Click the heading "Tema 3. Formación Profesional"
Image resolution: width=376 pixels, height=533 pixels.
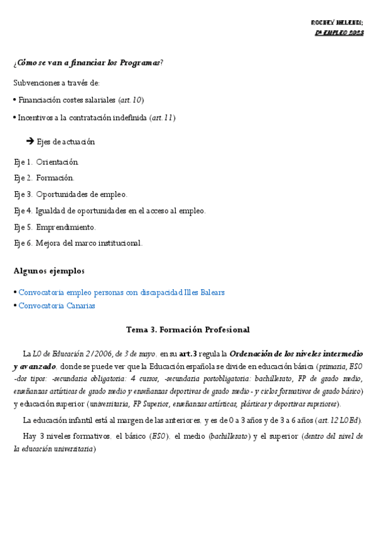point(188,329)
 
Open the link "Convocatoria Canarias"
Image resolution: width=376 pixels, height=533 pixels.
point(56,305)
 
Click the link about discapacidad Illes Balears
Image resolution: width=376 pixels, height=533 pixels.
point(121,292)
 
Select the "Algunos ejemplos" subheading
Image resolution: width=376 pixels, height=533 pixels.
point(49,271)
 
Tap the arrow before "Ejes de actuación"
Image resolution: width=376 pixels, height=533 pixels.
point(30,141)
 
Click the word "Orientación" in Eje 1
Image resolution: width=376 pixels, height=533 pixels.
point(57,162)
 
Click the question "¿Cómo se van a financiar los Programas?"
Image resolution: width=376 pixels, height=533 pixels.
point(88,62)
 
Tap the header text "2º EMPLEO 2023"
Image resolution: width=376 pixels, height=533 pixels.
point(339,33)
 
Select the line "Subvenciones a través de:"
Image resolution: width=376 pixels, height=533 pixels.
point(56,83)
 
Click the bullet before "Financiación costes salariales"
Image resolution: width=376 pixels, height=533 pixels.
point(14,100)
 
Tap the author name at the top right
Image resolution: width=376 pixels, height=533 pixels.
point(337,23)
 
